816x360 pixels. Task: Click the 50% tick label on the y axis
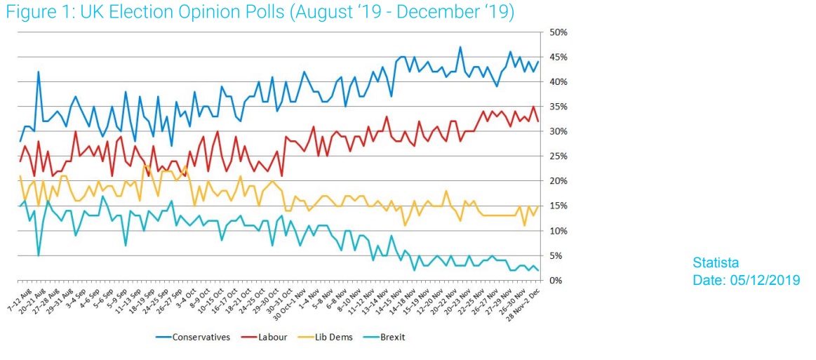click(x=559, y=32)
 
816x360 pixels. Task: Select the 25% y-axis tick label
click(x=559, y=156)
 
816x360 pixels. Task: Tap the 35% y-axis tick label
click(x=559, y=107)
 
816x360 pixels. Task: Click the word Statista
click(x=716, y=263)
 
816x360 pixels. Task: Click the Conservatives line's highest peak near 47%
click(x=460, y=47)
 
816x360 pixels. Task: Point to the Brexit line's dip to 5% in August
click(x=38, y=255)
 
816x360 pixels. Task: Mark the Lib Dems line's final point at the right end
click(x=537, y=206)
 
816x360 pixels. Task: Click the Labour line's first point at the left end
click(x=20, y=161)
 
